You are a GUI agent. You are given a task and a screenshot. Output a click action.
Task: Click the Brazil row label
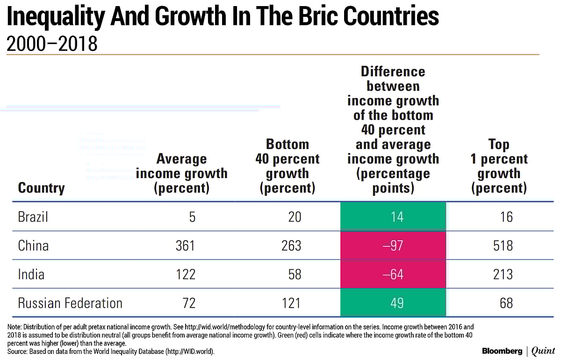(x=33, y=217)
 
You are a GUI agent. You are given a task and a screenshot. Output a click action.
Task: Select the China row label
(x=33, y=245)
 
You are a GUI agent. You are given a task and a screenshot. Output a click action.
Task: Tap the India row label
(x=31, y=274)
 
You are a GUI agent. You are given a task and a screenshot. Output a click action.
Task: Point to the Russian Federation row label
(x=70, y=302)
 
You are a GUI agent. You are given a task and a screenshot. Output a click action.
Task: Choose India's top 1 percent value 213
(x=503, y=274)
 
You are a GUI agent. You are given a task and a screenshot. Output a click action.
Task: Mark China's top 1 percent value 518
(x=503, y=245)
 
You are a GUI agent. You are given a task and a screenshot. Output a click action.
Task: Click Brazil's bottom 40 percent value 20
(x=295, y=217)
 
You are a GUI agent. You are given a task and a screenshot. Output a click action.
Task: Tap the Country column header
(x=41, y=188)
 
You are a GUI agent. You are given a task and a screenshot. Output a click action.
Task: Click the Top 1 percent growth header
(x=499, y=166)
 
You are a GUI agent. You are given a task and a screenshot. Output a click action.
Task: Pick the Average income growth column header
(x=181, y=173)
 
